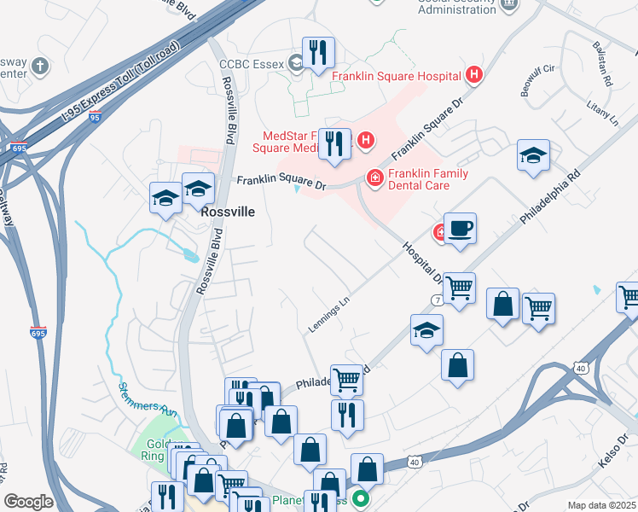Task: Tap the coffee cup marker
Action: click(460, 229)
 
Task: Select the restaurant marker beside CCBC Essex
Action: click(318, 53)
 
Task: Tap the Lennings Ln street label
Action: click(329, 315)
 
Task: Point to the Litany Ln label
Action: click(601, 113)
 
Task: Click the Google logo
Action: click(28, 502)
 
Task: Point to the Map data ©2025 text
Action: click(601, 505)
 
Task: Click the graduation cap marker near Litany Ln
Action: click(533, 156)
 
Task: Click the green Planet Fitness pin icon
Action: click(362, 500)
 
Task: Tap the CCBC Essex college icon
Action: click(296, 62)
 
